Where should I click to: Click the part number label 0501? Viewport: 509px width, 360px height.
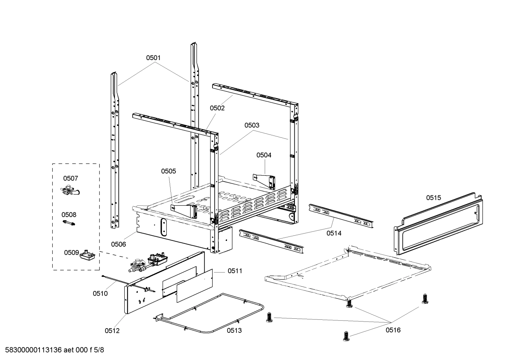pos(153,58)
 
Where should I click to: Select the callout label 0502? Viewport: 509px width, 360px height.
pos(217,108)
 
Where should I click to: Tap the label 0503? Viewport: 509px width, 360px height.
pos(252,125)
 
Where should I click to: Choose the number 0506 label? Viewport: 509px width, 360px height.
pos(118,244)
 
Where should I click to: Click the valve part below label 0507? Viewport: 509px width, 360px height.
pos(70,191)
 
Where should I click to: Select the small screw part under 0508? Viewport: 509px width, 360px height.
pos(69,223)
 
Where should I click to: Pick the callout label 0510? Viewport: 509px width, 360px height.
pos(100,293)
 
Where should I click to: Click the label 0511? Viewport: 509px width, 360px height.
pos(235,271)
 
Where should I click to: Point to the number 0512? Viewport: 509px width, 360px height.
pos(112,331)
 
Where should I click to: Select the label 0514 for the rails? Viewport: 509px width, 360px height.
pos(334,233)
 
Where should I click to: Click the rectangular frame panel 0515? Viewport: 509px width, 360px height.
pos(438,224)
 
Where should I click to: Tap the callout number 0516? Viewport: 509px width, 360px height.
pos(393,330)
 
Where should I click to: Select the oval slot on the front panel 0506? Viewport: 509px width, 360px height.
pos(163,226)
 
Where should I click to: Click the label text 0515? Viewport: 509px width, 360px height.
pos(433,198)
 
